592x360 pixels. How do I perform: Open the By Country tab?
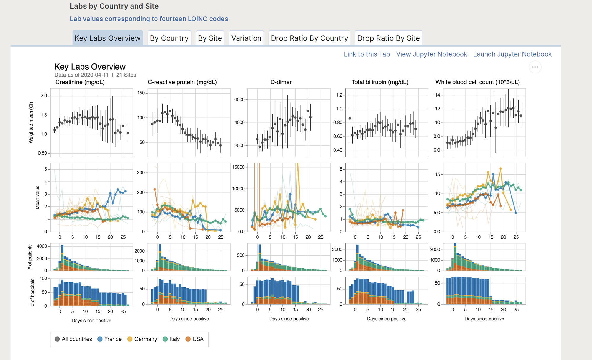pyautogui.click(x=169, y=38)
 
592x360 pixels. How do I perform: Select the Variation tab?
pyautogui.click(x=246, y=38)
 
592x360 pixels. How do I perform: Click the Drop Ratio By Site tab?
pyautogui.click(x=388, y=38)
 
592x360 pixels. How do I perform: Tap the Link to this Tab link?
pyautogui.click(x=367, y=54)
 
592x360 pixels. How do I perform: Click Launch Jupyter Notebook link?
pyautogui.click(x=512, y=54)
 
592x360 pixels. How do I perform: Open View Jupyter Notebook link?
pyautogui.click(x=432, y=54)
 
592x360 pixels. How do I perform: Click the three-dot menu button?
pyautogui.click(x=535, y=67)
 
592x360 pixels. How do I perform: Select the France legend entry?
pyautogui.click(x=110, y=339)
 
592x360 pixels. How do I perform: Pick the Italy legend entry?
pyautogui.click(x=171, y=339)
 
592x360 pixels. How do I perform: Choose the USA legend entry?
pyautogui.click(x=194, y=339)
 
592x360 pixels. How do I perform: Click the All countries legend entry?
pyautogui.click(x=73, y=339)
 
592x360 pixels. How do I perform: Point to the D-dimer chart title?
pyautogui.click(x=281, y=82)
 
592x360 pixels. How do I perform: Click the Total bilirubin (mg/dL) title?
pyautogui.click(x=380, y=82)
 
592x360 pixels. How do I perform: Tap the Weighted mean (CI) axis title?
pyautogui.click(x=31, y=123)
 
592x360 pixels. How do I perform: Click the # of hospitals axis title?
pyautogui.click(x=32, y=292)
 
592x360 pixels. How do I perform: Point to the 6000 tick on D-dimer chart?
pyautogui.click(x=239, y=99)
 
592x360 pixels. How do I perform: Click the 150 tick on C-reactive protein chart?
pyautogui.click(x=141, y=93)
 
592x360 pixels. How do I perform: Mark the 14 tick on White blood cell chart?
pyautogui.click(x=437, y=95)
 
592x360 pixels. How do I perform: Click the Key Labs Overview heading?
pyautogui.click(x=90, y=67)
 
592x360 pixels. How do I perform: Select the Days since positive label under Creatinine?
pyautogui.click(x=91, y=321)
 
